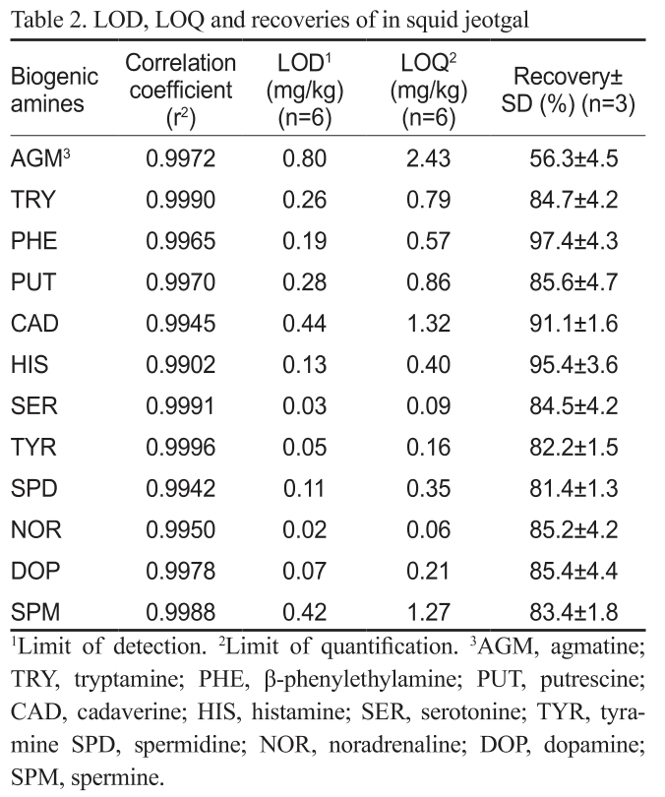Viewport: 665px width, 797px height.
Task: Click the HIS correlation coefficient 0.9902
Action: pyautogui.click(x=180, y=365)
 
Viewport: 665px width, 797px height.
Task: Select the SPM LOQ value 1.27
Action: pyautogui.click(x=425, y=612)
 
